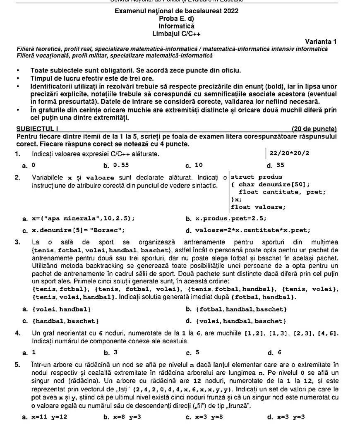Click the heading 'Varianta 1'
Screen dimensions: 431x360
[320, 41]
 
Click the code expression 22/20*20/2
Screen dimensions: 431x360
[289, 153]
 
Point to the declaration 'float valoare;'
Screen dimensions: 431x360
[258, 207]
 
